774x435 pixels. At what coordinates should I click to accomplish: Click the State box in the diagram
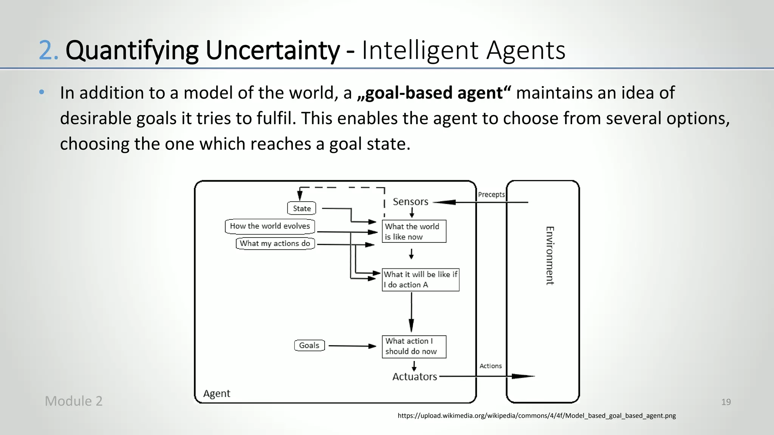coord(302,208)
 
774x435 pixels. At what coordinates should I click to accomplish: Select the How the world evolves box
coord(270,226)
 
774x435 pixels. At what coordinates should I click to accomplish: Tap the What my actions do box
coord(275,244)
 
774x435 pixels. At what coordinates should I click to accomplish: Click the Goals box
coord(309,345)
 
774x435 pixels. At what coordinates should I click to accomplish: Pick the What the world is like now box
coord(414,231)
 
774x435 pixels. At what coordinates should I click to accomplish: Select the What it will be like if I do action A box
coord(420,279)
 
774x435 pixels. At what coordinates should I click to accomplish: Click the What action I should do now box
coord(414,346)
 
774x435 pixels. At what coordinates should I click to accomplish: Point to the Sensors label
coord(410,202)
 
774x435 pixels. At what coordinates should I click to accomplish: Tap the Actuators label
coord(414,376)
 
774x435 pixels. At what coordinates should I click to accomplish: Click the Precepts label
coord(491,194)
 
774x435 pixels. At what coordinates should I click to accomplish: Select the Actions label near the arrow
coord(491,366)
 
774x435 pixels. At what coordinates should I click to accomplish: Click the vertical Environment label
coord(550,256)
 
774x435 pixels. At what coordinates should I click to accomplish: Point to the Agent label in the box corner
coord(217,393)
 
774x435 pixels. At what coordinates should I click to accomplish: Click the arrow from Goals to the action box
coord(351,346)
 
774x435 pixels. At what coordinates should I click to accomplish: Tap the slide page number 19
coord(726,402)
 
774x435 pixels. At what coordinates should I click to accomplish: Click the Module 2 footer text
coord(74,401)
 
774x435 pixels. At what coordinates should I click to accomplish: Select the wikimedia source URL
coord(536,416)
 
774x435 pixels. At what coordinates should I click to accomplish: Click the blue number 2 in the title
coord(48,50)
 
